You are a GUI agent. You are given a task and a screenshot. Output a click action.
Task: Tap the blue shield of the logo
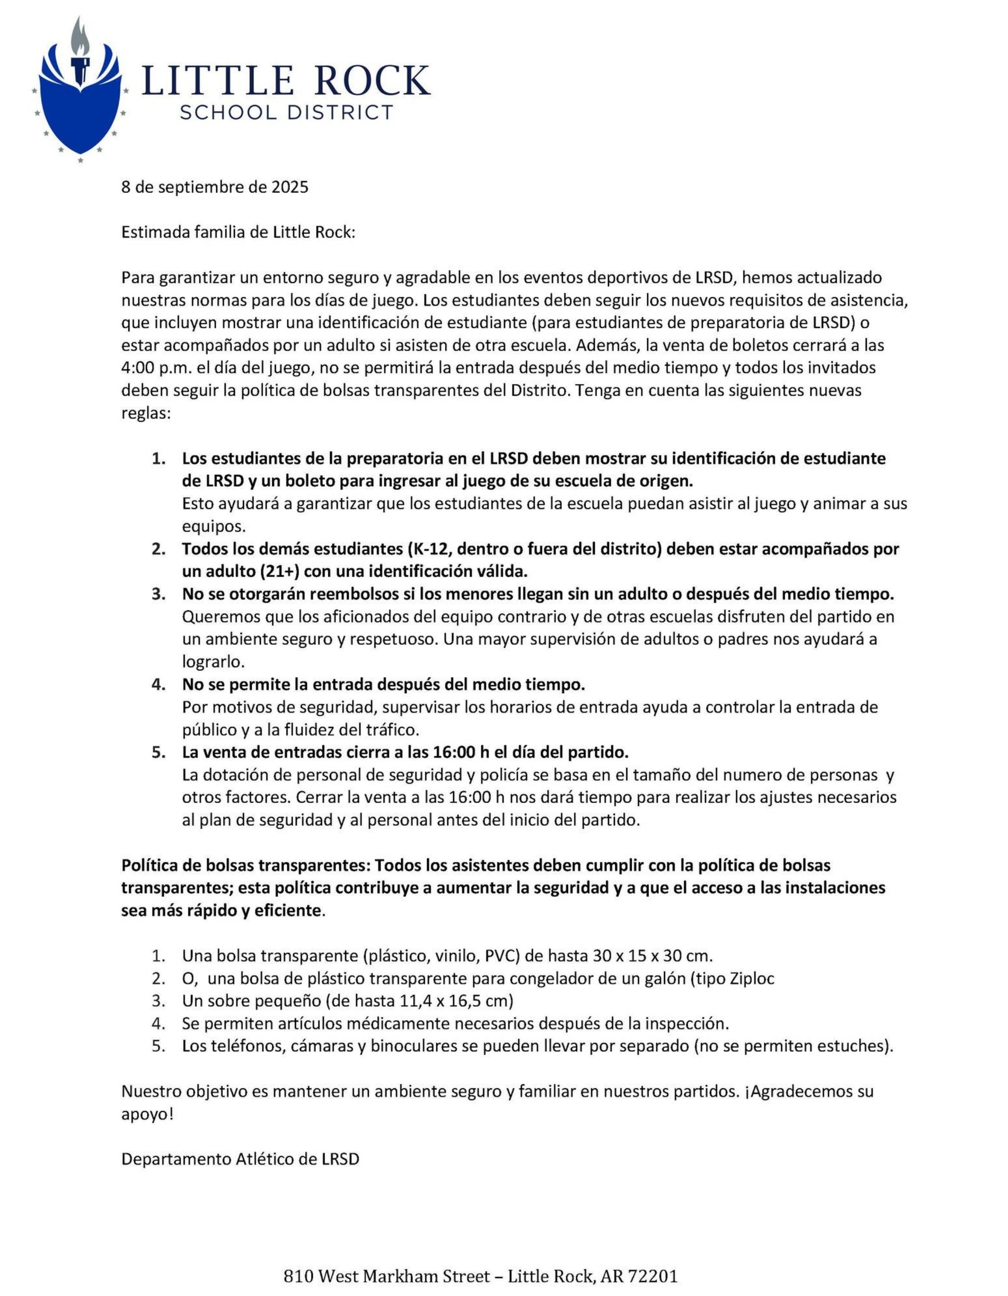80,113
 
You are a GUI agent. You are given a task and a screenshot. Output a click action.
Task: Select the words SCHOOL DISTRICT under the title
286,112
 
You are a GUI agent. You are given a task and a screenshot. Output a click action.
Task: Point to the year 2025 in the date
290,187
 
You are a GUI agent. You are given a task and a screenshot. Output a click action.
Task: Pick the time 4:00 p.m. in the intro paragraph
157,368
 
